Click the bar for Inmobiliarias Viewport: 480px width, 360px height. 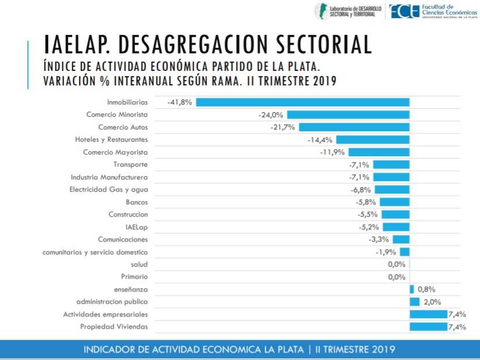pos(302,102)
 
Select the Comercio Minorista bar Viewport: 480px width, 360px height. pos(348,115)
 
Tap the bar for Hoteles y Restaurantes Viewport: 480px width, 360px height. pos(373,140)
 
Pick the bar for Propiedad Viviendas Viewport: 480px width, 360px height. pos(428,327)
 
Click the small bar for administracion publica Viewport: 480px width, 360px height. pos(414,302)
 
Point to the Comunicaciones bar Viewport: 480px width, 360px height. pos(401,239)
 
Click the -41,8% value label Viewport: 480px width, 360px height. pos(180,102)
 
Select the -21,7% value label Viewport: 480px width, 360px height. pos(283,127)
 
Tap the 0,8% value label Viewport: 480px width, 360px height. pos(426,289)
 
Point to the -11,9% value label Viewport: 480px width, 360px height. pos(333,152)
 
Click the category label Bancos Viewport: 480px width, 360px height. pos(136,202)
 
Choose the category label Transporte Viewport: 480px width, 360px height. pos(131,164)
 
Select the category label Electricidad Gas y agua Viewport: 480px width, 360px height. pos(109,189)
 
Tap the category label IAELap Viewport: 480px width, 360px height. pos(136,227)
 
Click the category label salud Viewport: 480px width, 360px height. pos(139,264)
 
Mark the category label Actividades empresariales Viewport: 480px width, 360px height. pos(105,314)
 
